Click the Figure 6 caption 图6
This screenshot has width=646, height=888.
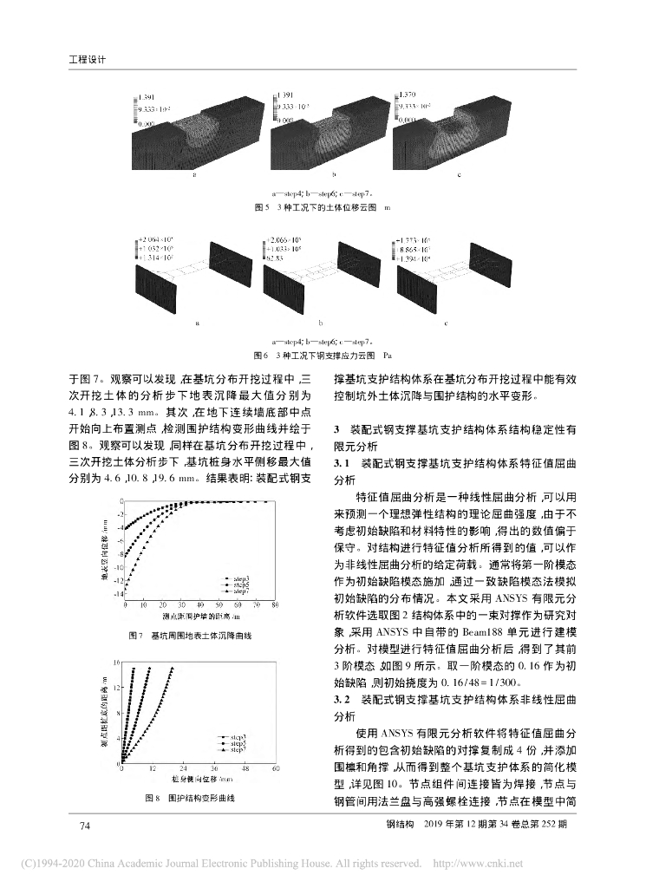(x=260, y=356)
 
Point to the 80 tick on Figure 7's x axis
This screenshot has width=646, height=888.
(x=275, y=604)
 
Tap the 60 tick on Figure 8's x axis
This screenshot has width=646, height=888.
(x=276, y=769)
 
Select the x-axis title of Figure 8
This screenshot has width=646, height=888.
(x=200, y=780)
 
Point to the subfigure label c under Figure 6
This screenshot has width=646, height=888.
(x=447, y=323)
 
